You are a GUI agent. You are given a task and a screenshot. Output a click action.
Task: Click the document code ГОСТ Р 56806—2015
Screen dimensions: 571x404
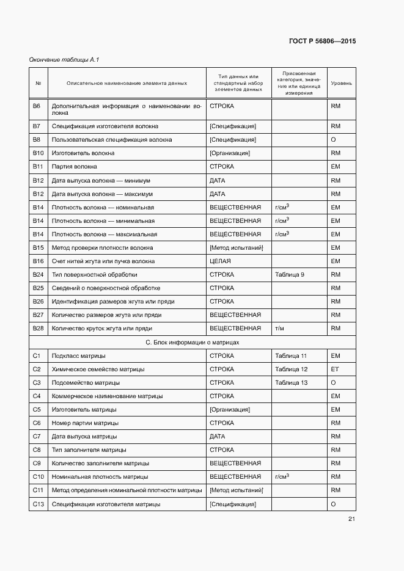point(322,42)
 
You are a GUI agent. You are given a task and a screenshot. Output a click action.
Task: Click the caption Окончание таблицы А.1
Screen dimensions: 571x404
point(64,59)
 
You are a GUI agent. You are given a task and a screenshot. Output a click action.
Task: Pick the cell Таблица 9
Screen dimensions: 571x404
point(290,275)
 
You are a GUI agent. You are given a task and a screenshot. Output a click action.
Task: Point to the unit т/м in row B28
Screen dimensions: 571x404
point(281,329)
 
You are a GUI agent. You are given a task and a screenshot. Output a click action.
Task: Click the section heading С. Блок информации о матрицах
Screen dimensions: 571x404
point(192,343)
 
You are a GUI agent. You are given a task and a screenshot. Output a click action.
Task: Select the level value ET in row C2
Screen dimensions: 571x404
point(335,369)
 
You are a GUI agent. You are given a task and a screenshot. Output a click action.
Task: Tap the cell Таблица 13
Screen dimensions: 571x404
point(292,383)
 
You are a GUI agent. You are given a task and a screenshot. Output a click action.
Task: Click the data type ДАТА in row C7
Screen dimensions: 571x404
point(218,437)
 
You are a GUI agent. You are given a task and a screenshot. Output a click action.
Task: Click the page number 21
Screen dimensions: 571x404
point(351,519)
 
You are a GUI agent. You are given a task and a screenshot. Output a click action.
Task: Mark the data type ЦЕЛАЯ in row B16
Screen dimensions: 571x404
point(220,261)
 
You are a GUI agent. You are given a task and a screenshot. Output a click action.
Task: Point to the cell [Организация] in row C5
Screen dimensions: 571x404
point(229,410)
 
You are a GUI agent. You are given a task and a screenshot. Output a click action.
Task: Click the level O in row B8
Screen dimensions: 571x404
point(334,140)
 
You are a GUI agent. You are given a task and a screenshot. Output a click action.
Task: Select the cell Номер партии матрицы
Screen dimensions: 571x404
point(85,423)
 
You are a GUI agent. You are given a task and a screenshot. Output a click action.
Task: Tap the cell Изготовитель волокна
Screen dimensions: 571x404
point(83,153)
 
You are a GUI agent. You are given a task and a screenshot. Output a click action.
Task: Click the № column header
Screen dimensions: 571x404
point(39,83)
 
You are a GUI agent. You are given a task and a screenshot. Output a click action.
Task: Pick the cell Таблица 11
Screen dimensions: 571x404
point(292,356)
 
